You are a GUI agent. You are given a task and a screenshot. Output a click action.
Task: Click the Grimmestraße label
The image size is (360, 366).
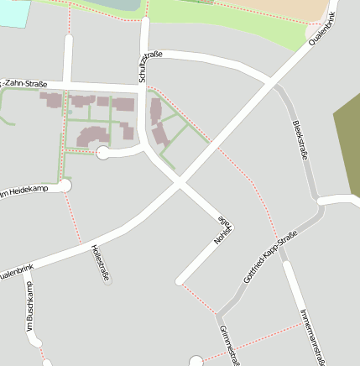(x=228, y=345)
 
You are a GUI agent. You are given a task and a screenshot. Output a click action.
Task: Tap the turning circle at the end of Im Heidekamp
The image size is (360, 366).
(x=66, y=186)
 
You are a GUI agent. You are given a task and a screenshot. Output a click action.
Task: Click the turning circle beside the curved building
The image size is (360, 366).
(x=103, y=152)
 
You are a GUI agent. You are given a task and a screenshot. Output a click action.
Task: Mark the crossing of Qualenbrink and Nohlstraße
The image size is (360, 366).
(x=178, y=182)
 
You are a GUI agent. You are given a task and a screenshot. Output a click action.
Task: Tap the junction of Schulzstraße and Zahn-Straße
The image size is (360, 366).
(x=143, y=87)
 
